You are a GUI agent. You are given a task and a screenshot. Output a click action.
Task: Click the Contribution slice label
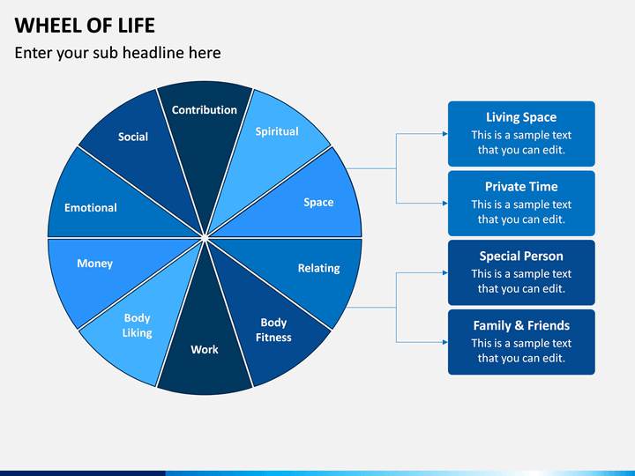tap(204, 109)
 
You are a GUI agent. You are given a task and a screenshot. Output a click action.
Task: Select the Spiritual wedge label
tap(277, 131)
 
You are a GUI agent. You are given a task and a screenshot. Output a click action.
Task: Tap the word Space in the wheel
tap(318, 203)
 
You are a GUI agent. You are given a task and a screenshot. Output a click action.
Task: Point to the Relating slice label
tap(318, 268)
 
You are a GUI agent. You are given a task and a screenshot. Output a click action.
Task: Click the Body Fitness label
tap(273, 330)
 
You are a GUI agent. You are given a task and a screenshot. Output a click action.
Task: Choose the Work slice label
tap(205, 349)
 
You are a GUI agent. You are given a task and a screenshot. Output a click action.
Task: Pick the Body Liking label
tap(138, 325)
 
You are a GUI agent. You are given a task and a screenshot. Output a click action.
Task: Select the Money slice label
tap(94, 264)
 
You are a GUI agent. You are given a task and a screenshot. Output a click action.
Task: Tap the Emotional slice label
tap(91, 208)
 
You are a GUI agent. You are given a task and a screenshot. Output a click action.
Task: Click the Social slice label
tap(133, 137)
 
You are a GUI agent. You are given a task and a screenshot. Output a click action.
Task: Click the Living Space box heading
tap(521, 117)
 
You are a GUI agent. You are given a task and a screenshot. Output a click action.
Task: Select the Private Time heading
tap(521, 187)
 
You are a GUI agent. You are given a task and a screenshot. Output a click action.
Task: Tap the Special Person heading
tap(521, 257)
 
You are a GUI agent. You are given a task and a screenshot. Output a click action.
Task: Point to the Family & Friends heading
tap(521, 325)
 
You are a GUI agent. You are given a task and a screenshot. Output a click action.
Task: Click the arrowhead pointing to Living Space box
tap(445, 134)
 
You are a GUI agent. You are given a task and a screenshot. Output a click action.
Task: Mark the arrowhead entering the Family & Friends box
tap(445, 342)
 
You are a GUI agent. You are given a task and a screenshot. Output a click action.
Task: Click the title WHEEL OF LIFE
tap(85, 26)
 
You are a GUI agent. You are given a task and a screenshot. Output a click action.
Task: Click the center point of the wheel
tap(205, 238)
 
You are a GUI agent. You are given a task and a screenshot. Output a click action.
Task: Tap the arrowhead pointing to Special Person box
tap(445, 272)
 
